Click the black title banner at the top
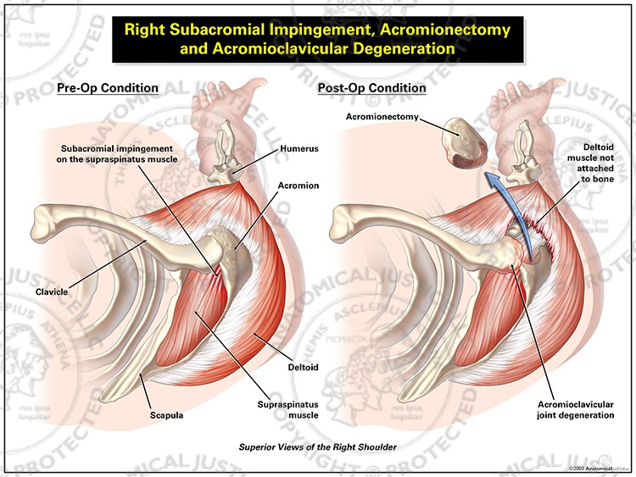tap(317, 39)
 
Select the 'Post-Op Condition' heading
tap(371, 88)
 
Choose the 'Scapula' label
tap(166, 415)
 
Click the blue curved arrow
tap(519, 212)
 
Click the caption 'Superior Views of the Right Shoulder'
tap(317, 446)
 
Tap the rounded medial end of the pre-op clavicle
tap(43, 224)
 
